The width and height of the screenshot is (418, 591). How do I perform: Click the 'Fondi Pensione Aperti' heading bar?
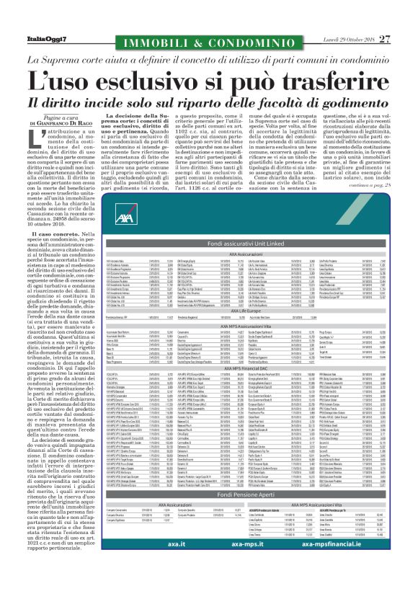tap(208, 537)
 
